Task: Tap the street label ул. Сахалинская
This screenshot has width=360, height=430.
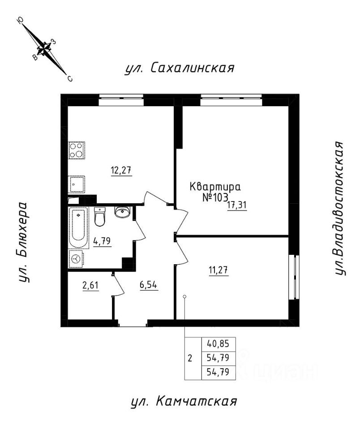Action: (180, 68)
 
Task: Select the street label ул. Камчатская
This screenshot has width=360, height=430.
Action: (184, 401)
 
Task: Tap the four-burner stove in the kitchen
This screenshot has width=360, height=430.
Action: (77, 150)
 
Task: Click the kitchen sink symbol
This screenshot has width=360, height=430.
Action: (77, 184)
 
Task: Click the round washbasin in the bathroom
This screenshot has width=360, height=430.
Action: (122, 212)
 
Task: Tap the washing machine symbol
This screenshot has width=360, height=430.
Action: (77, 259)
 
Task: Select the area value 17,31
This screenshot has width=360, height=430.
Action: (237, 205)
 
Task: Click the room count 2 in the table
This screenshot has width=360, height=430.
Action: (190, 358)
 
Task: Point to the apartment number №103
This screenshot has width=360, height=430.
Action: (209, 197)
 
